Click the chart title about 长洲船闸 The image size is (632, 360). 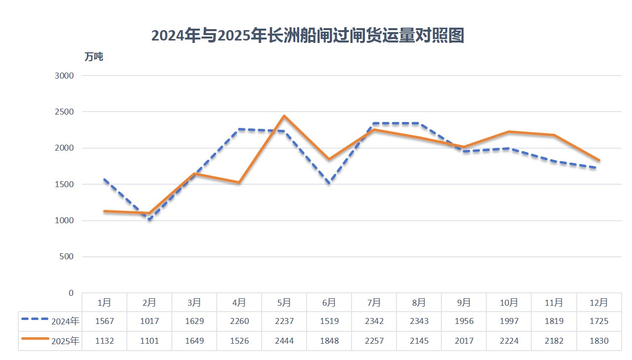[308, 36]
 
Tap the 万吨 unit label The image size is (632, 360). [94, 57]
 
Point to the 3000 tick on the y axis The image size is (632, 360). [64, 76]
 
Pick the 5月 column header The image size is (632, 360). [284, 302]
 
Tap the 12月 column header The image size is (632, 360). [598, 302]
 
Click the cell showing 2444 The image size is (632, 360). [284, 341]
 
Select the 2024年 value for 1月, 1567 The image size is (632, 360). [104, 321]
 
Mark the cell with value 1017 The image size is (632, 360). [149, 321]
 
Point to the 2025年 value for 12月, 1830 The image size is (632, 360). [598, 341]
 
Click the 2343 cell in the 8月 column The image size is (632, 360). [419, 321]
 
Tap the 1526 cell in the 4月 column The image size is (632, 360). [239, 341]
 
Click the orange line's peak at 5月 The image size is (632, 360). [284, 116]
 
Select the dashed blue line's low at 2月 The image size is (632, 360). [149, 219]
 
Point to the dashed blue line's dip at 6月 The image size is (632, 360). [329, 183]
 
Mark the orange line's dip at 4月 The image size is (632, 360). [239, 182]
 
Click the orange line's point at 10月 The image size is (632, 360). [509, 132]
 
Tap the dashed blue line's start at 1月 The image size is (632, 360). [104, 180]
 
